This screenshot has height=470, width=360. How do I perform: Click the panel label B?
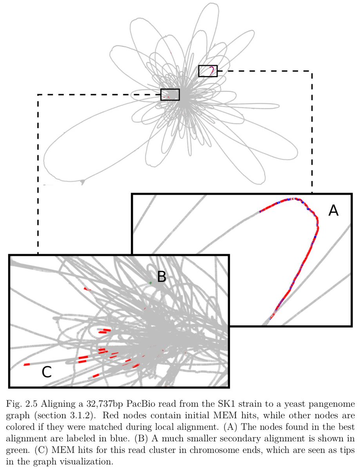(x=162, y=277)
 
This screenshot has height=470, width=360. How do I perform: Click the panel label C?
(x=47, y=372)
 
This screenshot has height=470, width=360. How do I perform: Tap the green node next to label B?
(x=150, y=282)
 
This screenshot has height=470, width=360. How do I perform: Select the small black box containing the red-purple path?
(x=208, y=71)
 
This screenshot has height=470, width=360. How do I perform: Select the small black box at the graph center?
(x=170, y=94)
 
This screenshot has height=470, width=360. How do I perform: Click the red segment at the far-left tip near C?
(x=27, y=365)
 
